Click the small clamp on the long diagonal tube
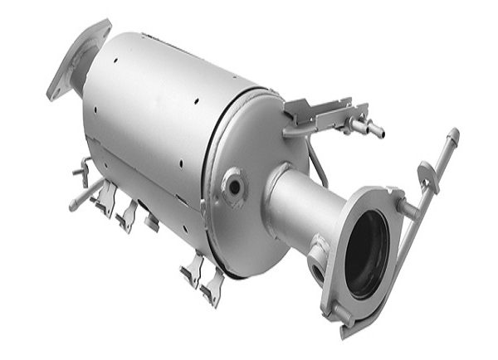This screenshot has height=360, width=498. pyautogui.click(x=427, y=174)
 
